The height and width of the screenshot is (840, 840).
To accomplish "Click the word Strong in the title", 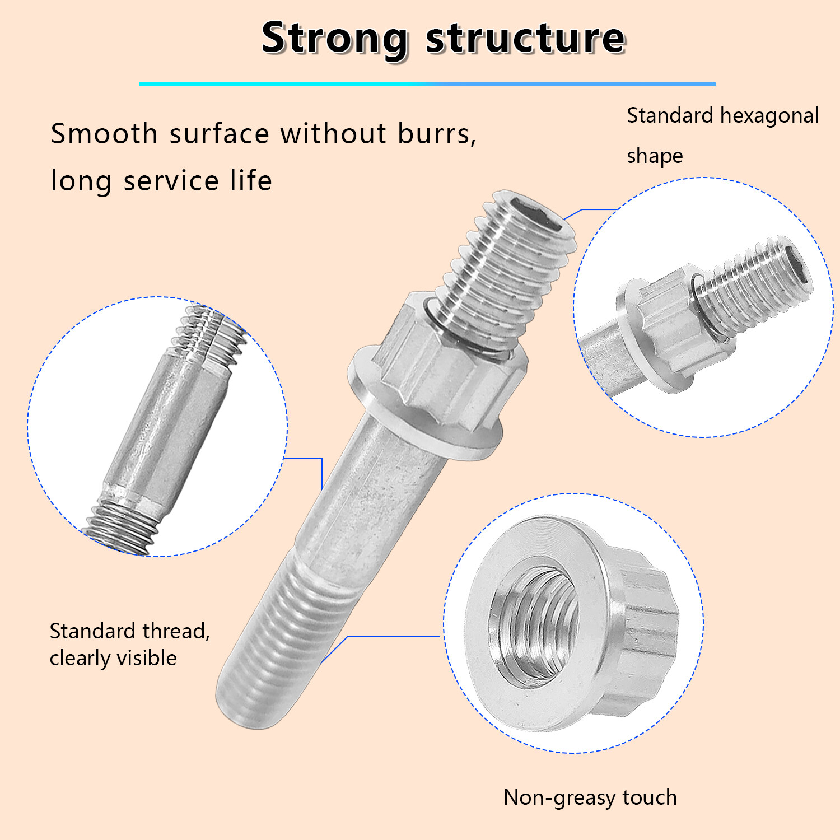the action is (334, 39).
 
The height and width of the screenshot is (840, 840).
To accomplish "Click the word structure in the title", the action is (525, 39).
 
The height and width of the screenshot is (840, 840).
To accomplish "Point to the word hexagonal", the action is (769, 116).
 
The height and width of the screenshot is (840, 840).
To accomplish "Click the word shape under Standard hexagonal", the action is (655, 156).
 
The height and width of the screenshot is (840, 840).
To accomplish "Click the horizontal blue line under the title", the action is (427, 84).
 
